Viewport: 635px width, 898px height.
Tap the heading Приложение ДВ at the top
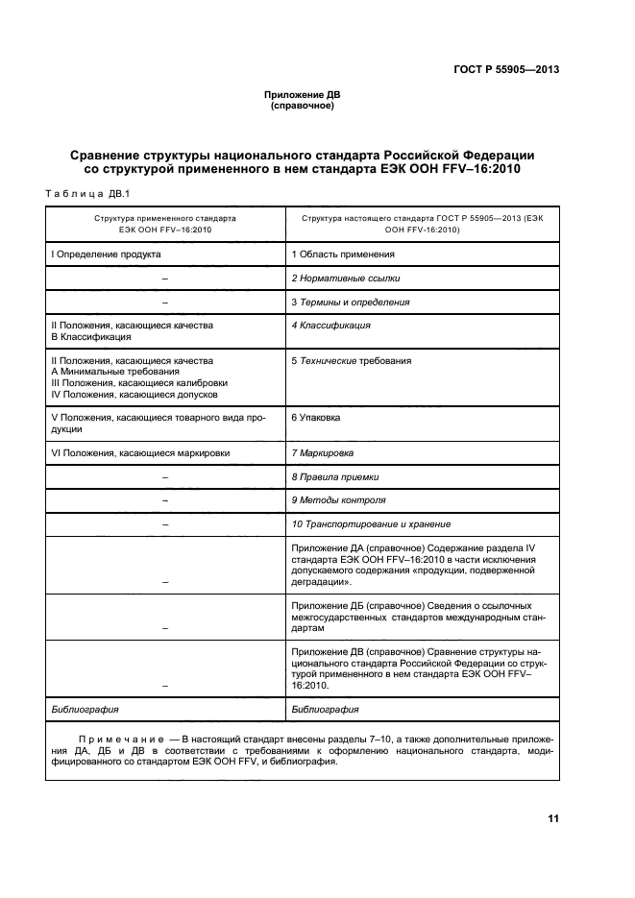click(302, 95)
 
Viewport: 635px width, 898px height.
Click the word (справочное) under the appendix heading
click(302, 106)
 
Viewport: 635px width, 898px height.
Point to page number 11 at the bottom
click(552, 818)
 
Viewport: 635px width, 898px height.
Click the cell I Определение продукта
click(106, 255)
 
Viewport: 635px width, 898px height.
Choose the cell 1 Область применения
click(343, 255)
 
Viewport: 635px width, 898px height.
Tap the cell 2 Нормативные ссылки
click(346, 278)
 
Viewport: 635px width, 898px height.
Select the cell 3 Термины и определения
click(351, 302)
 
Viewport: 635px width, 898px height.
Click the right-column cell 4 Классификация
click(330, 326)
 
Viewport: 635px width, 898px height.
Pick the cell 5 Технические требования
click(351, 361)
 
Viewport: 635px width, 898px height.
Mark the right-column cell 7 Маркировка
click(322, 452)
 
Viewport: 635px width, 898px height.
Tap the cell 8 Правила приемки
click(334, 476)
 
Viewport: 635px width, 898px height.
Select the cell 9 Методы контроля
click(338, 500)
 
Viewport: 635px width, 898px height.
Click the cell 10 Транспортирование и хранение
click(371, 524)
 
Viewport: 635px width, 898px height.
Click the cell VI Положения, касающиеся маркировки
click(139, 452)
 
